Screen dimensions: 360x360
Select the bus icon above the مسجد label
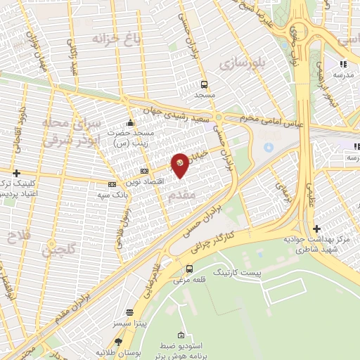(x=204, y=83)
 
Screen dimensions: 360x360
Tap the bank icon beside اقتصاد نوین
(x=145, y=171)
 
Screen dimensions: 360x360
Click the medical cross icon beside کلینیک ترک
(x=16, y=172)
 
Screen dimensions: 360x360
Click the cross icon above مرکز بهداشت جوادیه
(x=317, y=229)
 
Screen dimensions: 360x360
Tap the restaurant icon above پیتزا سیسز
(x=129, y=312)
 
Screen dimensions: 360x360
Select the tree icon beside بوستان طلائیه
(x=89, y=351)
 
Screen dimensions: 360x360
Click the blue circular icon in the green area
(x=268, y=148)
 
